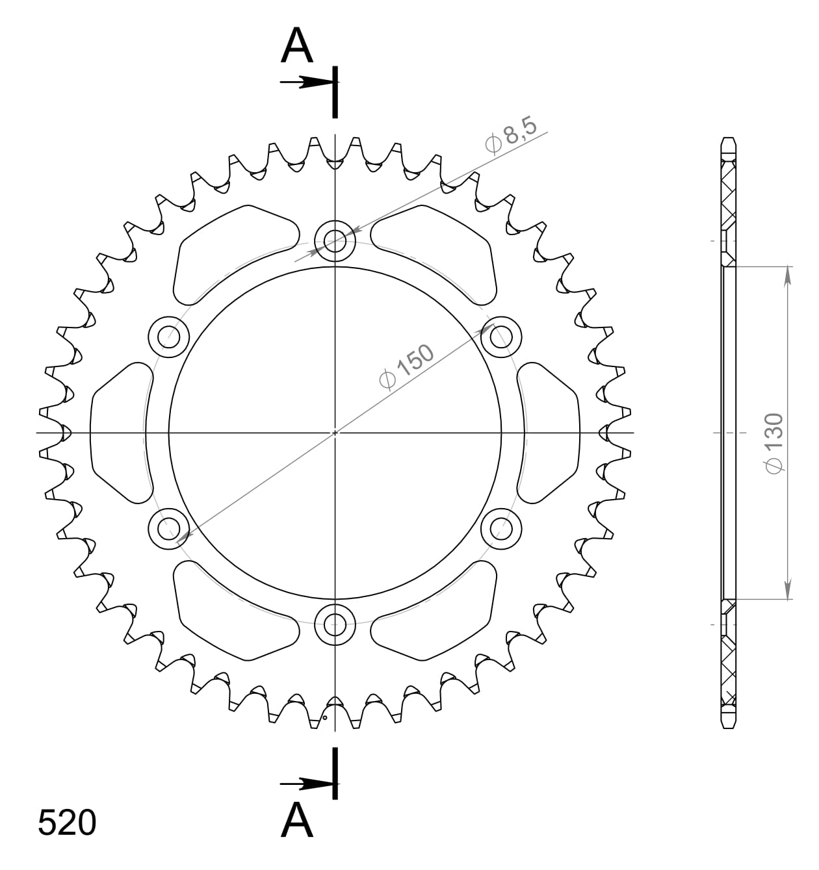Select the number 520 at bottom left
pos(67,823)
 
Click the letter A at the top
pos(297,46)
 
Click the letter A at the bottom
pos(297,820)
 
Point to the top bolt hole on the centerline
pos(335,241)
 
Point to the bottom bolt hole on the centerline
pos(335,624)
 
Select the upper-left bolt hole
pos(168,337)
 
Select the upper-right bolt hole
pos(501,337)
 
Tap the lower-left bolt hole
pos(168,528)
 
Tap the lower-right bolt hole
pos(501,528)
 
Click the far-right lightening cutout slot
pos(550,433)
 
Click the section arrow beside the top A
pos(305,83)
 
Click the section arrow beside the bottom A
pos(305,784)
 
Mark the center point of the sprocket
pos(335,433)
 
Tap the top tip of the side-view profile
pos(729,140)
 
